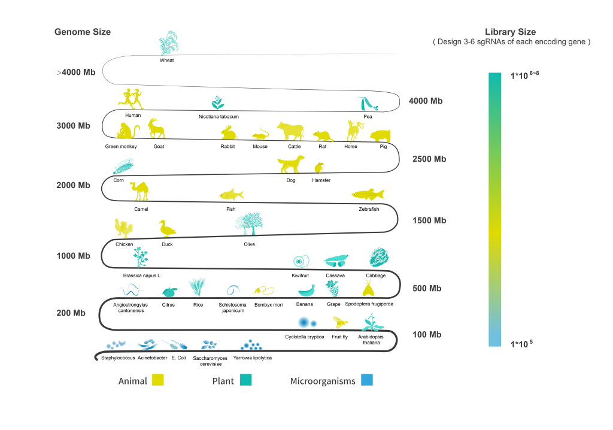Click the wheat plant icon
pos(169,43)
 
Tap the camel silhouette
pos(139,191)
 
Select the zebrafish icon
pos(368,194)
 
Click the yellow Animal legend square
pos(158,380)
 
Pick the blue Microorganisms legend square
pos(367,380)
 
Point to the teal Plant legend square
pos(246,380)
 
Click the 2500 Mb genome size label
pos(429,159)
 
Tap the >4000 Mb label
pos(76,72)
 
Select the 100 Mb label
pos(427,335)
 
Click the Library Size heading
pos(510,32)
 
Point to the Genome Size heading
pos(83,32)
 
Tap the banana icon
pos(307,290)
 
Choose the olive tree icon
pos(249,224)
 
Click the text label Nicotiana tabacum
pos(219,117)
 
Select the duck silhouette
pos(167,229)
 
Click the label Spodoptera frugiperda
pos(369,304)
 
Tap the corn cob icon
pos(123,166)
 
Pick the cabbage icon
pos(379,257)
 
